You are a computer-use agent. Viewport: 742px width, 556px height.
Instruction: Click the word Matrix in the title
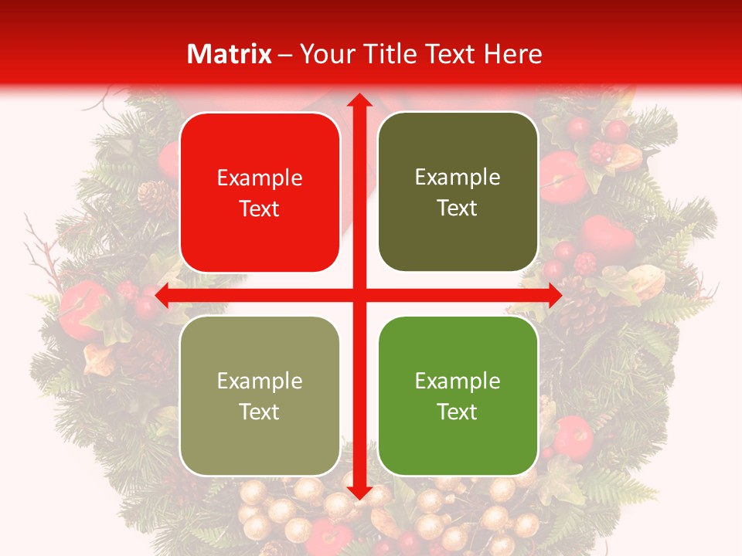(230, 54)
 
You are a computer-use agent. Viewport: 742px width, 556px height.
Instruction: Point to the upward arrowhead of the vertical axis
(359, 101)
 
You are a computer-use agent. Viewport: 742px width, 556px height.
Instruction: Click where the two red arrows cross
(359, 295)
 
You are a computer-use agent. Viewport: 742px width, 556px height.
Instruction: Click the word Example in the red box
(260, 178)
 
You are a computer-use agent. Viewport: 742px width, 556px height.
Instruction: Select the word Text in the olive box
(458, 208)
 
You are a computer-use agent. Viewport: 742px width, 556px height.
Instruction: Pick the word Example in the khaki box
(260, 381)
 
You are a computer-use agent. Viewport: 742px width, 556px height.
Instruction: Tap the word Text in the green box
(458, 412)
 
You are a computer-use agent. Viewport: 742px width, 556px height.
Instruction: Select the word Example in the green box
(458, 381)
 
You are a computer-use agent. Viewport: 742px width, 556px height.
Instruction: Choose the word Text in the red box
(260, 208)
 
